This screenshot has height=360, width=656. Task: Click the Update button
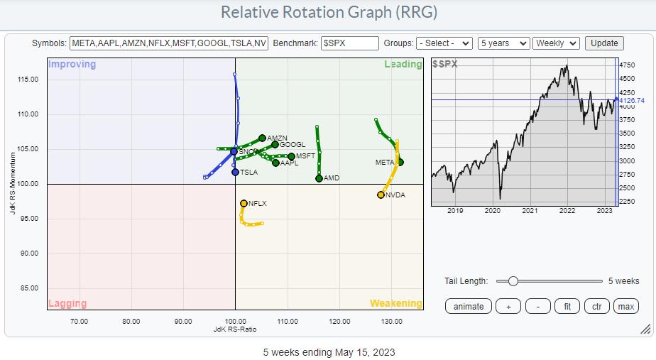(604, 43)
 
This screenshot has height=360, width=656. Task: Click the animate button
(469, 306)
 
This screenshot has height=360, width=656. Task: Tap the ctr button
(596, 306)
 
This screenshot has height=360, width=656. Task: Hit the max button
(625, 306)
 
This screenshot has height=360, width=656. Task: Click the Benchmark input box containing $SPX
(349, 43)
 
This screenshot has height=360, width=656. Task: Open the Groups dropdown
(444, 43)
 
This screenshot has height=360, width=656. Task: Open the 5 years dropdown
(503, 43)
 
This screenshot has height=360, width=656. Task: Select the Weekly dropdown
(556, 43)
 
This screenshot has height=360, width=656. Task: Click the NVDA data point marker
(381, 195)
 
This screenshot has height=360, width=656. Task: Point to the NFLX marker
(244, 203)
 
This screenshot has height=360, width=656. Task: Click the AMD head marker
(319, 178)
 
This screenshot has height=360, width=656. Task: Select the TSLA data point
(235, 172)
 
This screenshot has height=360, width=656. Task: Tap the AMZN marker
(262, 138)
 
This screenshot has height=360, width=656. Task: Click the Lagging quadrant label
(67, 303)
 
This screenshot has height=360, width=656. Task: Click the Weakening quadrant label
(395, 303)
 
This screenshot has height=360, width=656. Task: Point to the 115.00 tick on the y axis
(28, 79)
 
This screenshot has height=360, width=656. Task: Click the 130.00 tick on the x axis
(392, 321)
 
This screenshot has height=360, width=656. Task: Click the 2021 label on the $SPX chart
(530, 211)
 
